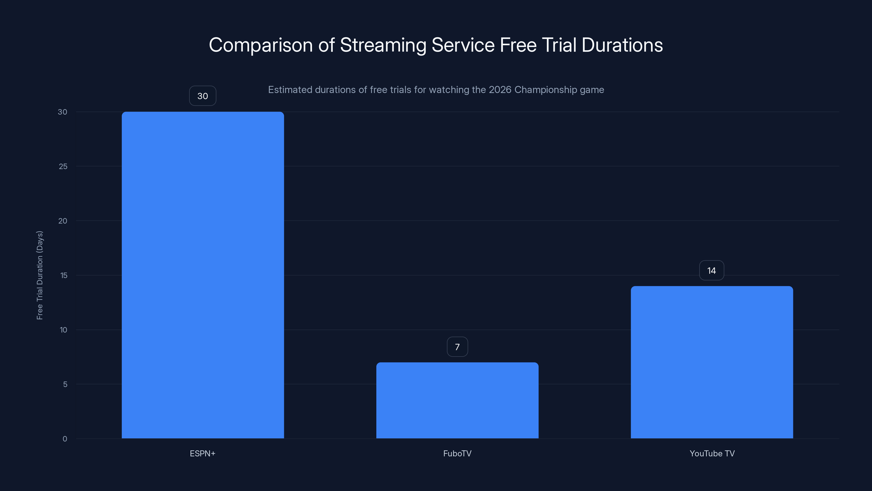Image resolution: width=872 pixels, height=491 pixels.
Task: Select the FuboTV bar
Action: click(x=457, y=400)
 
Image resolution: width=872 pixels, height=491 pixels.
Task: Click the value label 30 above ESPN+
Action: click(x=202, y=96)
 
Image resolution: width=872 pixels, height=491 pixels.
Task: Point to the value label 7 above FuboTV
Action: click(x=457, y=347)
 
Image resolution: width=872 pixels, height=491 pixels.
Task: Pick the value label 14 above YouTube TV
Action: click(x=711, y=270)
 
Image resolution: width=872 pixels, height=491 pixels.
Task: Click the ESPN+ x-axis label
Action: click(x=202, y=453)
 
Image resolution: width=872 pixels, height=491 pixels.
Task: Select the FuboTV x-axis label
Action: click(x=457, y=453)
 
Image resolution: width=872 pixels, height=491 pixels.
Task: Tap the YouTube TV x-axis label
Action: click(x=712, y=453)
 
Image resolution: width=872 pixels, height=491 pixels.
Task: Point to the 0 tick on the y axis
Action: click(x=65, y=439)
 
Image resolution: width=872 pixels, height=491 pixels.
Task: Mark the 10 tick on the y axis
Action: click(x=63, y=330)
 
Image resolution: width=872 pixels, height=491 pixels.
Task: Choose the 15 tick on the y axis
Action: click(x=64, y=275)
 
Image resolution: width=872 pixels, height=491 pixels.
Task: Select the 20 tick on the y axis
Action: click(x=63, y=221)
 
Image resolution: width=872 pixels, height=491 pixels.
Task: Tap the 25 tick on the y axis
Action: click(x=63, y=166)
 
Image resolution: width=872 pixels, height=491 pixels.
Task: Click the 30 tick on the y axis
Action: click(x=63, y=112)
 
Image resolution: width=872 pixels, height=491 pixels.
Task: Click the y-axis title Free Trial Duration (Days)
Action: click(x=40, y=275)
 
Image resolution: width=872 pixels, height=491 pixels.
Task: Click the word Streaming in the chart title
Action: click(x=383, y=45)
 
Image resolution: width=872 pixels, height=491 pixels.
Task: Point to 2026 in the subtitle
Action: click(x=500, y=90)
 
